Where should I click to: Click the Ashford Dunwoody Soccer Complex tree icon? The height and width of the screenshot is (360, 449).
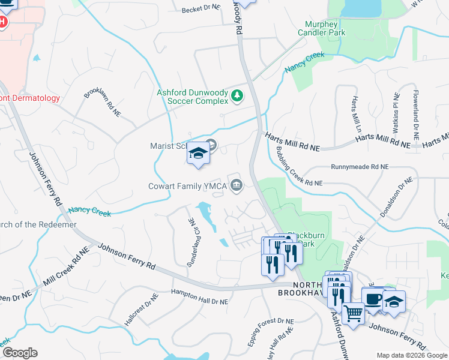pyautogui.click(x=238, y=96)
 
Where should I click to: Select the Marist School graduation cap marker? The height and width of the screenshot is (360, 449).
pyautogui.click(x=197, y=155)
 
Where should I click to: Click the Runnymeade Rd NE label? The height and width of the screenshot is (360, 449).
pyautogui.click(x=360, y=168)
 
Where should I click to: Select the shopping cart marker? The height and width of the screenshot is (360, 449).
pyautogui.click(x=352, y=312)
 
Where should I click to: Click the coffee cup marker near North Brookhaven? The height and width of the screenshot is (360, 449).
pyautogui.click(x=372, y=299)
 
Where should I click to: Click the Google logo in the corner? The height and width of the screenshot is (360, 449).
pyautogui.click(x=19, y=353)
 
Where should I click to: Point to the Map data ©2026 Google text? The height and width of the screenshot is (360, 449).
pyautogui.click(x=412, y=355)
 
